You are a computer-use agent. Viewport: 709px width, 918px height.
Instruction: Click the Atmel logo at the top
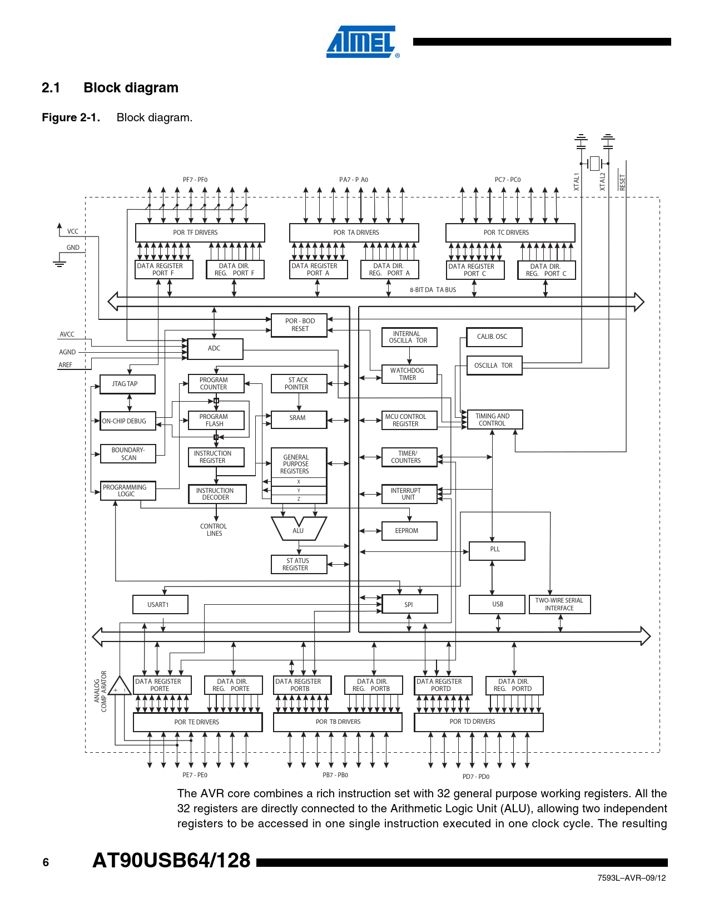[361, 42]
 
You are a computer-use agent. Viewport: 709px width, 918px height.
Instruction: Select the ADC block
[215, 349]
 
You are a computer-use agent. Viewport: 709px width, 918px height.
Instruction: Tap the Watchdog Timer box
[409, 374]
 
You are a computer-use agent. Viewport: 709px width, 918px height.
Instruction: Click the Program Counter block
[216, 383]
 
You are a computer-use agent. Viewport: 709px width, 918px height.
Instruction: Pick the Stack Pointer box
[299, 383]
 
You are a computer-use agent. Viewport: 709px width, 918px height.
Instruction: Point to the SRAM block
[299, 419]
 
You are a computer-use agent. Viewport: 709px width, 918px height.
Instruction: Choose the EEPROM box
[409, 531]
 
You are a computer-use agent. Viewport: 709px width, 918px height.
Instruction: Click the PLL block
[497, 550]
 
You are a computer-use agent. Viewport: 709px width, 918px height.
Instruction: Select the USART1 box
[160, 605]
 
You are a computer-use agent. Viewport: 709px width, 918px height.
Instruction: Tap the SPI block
[410, 604]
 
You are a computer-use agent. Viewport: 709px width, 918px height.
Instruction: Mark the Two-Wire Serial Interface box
[559, 604]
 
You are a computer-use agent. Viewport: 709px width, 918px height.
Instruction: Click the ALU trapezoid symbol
[299, 529]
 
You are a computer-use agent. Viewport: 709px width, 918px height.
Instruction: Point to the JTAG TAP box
[127, 384]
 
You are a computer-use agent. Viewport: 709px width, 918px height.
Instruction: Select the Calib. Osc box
[494, 337]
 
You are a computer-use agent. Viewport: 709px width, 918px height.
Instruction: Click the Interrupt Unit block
[409, 494]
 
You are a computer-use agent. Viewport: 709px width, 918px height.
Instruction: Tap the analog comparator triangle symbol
[119, 687]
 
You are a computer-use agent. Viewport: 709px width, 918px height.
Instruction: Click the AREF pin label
[66, 365]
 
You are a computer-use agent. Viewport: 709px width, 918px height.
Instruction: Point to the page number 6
[46, 862]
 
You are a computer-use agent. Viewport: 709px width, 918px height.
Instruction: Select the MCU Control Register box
[409, 420]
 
